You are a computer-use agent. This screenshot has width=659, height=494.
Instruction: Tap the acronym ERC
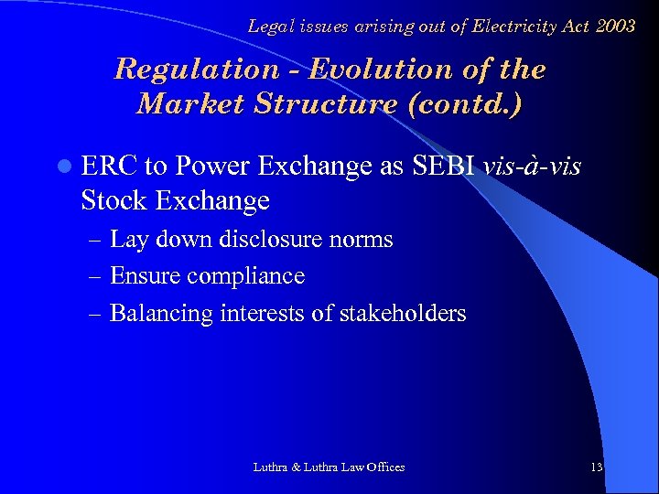110,167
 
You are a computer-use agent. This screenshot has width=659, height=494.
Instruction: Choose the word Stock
113,200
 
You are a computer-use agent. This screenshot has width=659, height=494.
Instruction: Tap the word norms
364,241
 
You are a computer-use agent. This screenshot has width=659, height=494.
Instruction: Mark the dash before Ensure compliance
96,276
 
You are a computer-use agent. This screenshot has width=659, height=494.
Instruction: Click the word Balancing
161,314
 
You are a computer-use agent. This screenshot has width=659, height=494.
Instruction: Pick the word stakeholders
403,314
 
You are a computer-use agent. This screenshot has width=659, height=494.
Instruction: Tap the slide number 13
597,467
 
